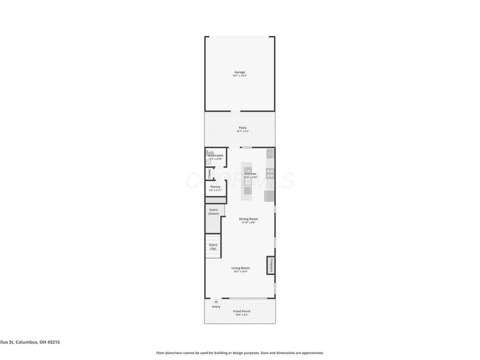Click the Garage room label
(x=239, y=72)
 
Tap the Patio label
(x=242, y=127)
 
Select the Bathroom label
(x=215, y=155)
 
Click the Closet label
(x=209, y=174)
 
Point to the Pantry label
(x=215, y=187)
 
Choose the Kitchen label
(x=250, y=173)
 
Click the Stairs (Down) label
(x=214, y=212)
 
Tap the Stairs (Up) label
(x=212, y=246)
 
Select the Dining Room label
(x=248, y=219)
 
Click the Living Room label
(x=241, y=268)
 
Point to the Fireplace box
(x=271, y=265)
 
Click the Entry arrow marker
(x=216, y=301)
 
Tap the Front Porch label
(x=242, y=311)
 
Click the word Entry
(x=216, y=307)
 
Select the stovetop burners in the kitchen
(x=270, y=174)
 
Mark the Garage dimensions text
(x=239, y=76)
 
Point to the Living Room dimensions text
(x=241, y=272)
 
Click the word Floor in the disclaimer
(x=161, y=353)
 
